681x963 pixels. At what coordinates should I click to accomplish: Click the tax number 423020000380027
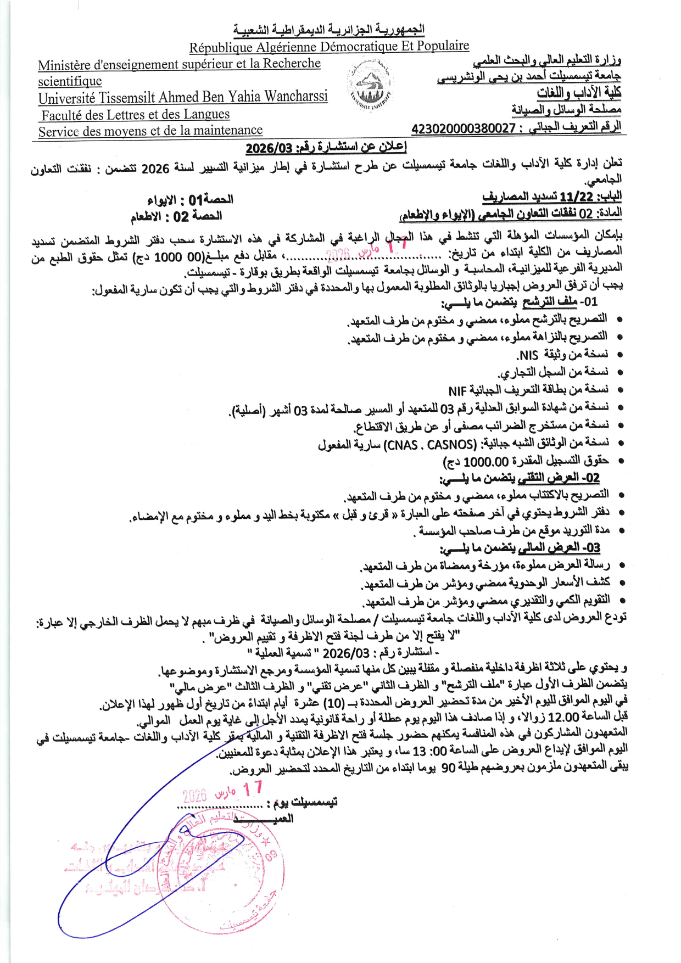[463, 128]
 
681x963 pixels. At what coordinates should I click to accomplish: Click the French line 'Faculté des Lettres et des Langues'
[135, 115]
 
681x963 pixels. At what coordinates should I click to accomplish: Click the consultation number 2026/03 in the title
[270, 148]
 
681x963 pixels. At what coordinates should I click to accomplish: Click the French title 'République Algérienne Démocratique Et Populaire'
[329, 47]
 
